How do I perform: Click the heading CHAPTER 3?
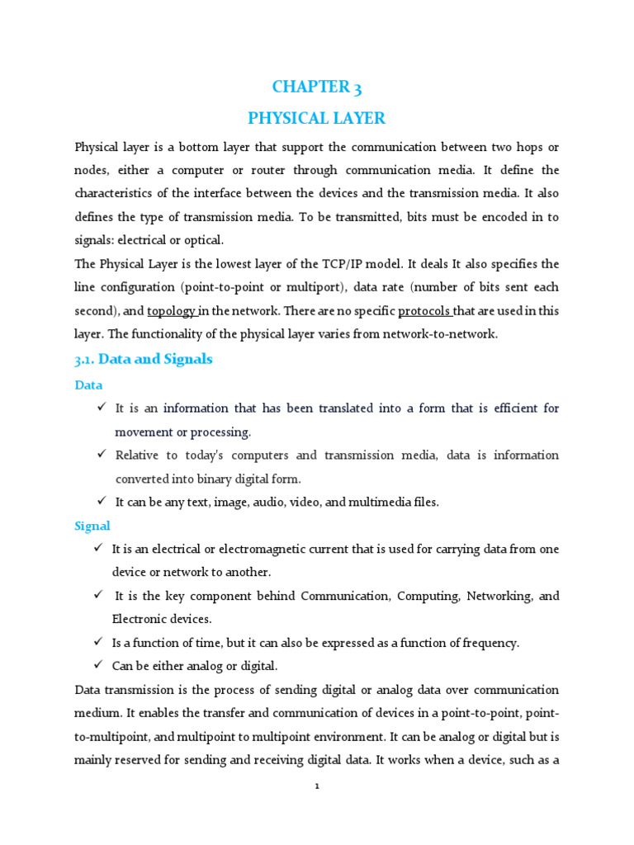[317, 87]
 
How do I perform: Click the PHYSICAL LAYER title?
[317, 118]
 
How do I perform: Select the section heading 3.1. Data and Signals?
[144, 359]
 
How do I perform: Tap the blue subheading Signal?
[92, 526]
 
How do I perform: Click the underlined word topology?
[172, 311]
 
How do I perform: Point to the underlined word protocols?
[424, 311]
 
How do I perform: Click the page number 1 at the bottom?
[317, 786]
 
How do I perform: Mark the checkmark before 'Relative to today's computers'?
[102, 455]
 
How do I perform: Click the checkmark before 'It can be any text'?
[102, 502]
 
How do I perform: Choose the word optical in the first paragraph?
[205, 240]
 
